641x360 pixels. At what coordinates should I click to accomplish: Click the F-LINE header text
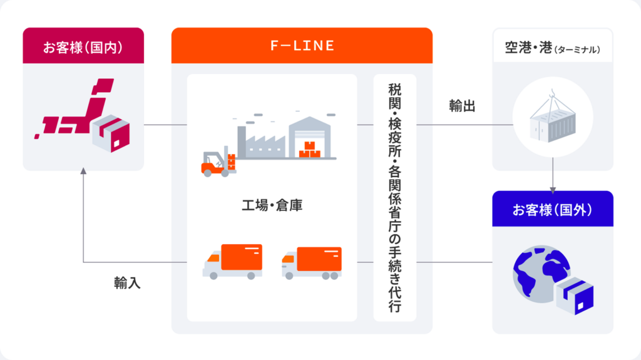click(302, 46)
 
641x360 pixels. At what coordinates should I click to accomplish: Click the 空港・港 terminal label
click(552, 48)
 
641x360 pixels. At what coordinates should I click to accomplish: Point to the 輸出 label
click(462, 106)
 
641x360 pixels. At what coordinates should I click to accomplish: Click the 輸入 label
click(127, 283)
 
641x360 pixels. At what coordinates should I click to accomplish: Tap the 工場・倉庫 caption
click(272, 205)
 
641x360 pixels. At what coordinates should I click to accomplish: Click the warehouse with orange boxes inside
click(312, 137)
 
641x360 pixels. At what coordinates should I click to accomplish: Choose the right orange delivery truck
click(312, 262)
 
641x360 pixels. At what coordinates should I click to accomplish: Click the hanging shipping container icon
click(553, 125)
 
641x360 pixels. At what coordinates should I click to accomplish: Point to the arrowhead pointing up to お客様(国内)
click(83, 172)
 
